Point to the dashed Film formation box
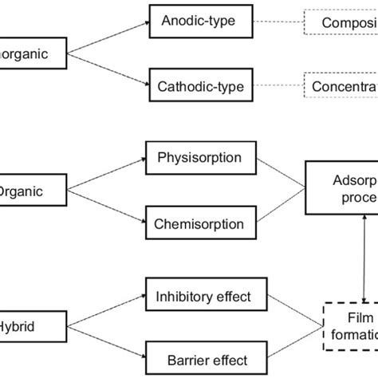350,325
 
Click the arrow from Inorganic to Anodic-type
108,37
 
